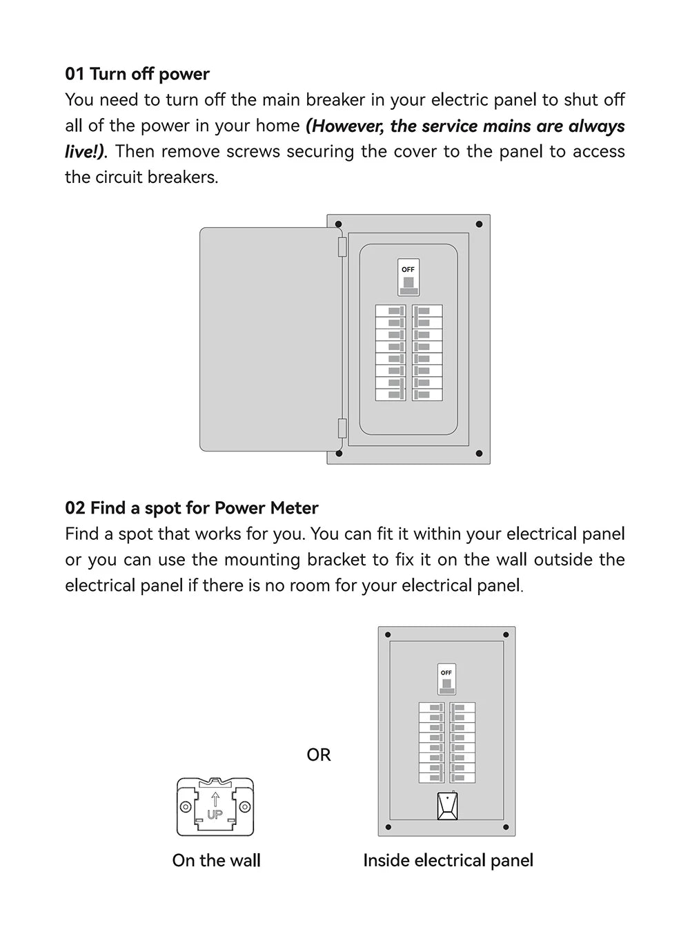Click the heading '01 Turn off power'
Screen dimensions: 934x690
[x=137, y=74]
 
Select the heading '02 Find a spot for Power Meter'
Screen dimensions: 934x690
[x=191, y=508]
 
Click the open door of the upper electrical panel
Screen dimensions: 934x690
[x=266, y=339]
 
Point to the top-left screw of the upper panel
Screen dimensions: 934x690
[x=339, y=224]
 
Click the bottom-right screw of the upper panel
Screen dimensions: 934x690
[x=479, y=454]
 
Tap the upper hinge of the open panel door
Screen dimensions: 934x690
[x=342, y=247]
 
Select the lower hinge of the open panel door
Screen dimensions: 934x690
[x=342, y=428]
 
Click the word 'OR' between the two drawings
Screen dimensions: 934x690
[x=319, y=755]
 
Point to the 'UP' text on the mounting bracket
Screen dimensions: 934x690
[x=215, y=815]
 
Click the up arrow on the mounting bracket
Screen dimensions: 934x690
[x=215, y=799]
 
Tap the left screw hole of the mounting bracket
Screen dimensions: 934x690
[x=185, y=807]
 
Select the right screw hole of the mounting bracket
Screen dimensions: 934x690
[x=245, y=807]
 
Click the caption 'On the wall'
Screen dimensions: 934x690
[x=216, y=860]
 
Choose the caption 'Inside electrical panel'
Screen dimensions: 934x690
[x=448, y=860]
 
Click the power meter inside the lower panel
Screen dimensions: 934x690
[x=447, y=806]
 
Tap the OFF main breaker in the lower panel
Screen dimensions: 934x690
[x=446, y=679]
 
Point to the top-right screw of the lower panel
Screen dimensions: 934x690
[x=506, y=634]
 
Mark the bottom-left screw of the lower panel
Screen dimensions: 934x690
[x=388, y=827]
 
